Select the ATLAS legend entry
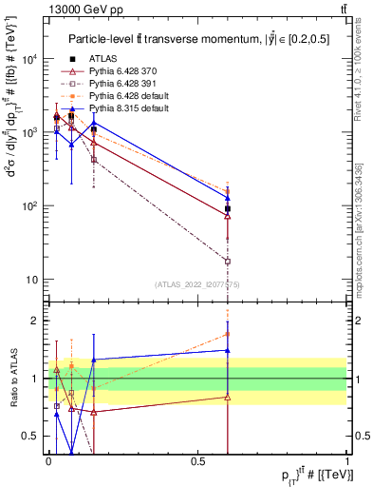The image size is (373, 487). [x=104, y=59]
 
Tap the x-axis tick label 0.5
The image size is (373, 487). [x=196, y=461]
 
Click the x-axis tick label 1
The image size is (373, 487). [x=346, y=461]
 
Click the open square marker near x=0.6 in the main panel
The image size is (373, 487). [x=227, y=261]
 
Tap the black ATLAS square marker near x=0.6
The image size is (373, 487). [x=227, y=208]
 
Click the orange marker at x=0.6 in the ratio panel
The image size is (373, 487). [x=227, y=334]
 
